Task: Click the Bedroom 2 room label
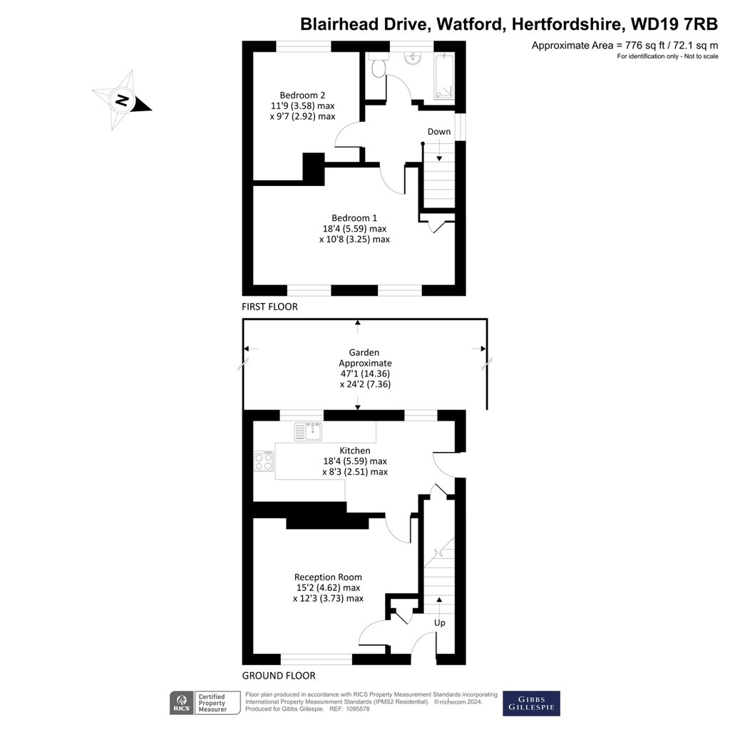tap(302, 96)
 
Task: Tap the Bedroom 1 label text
tap(354, 218)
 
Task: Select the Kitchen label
tap(355, 451)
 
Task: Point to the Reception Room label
tap(328, 577)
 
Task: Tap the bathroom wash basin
tap(413, 58)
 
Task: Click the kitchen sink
tap(308, 431)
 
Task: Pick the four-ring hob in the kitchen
tap(264, 461)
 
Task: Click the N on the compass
tap(122, 100)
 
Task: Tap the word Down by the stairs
tap(439, 132)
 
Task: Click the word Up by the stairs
tap(439, 623)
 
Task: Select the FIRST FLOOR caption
tap(269, 307)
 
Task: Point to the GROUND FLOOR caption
tap(279, 676)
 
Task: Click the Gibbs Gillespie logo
tap(531, 704)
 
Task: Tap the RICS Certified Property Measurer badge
tap(205, 703)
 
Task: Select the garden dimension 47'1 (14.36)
tap(365, 374)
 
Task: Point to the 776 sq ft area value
tap(645, 46)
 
